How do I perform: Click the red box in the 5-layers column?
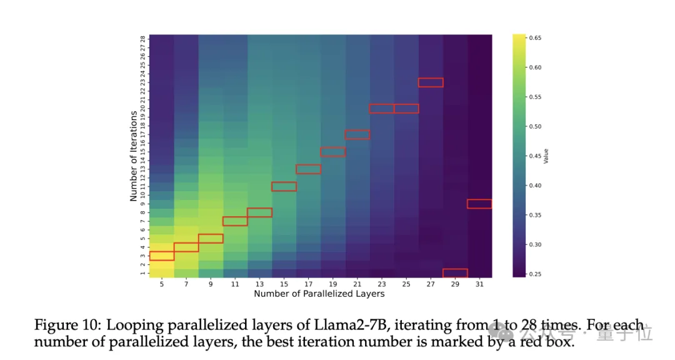[x=161, y=256]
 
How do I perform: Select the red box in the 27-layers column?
[x=431, y=82]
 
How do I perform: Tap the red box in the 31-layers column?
[x=479, y=204]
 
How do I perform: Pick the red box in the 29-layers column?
[x=455, y=273]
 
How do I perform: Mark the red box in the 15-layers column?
[x=284, y=186]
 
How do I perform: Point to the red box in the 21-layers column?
[x=357, y=134]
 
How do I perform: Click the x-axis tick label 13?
[x=259, y=284]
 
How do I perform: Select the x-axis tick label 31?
[x=479, y=284]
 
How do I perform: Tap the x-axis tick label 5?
[x=161, y=284]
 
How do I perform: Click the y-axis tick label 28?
[x=143, y=38]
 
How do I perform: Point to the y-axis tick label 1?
[x=143, y=273]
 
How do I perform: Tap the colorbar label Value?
[x=546, y=156]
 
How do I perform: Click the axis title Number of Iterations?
[x=133, y=156]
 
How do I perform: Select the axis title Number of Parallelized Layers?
[x=319, y=294]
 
